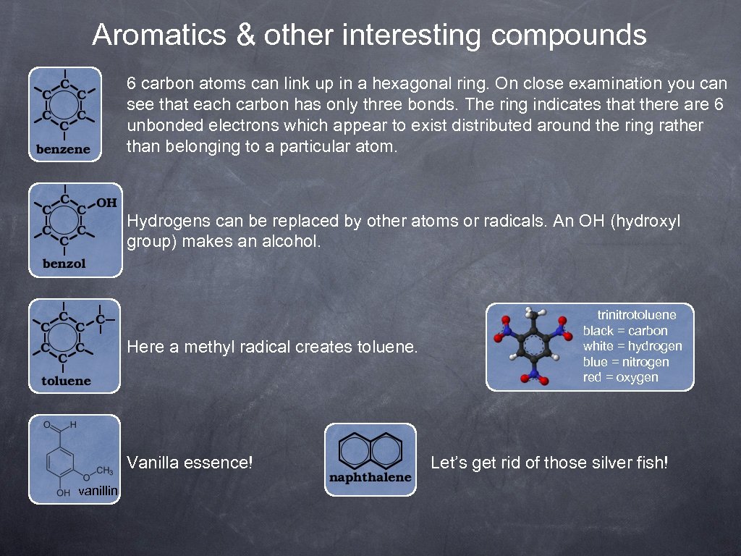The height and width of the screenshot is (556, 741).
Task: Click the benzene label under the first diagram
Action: [64, 150]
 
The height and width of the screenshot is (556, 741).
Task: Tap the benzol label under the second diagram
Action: [64, 264]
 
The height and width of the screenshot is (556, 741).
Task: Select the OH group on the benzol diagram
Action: [106, 202]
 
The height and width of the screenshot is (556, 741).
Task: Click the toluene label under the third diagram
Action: [66, 381]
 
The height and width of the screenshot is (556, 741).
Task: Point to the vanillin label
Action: [99, 492]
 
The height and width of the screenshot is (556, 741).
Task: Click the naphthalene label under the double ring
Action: [370, 478]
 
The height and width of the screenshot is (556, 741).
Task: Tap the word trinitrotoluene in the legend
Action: [637, 315]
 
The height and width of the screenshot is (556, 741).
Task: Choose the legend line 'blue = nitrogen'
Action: [626, 362]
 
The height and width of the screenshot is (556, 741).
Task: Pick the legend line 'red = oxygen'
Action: [621, 377]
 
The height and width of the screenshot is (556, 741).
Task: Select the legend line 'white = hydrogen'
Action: [632, 346]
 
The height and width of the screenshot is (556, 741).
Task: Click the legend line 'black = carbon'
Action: [625, 331]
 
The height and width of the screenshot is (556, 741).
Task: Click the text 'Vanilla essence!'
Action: [190, 462]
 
